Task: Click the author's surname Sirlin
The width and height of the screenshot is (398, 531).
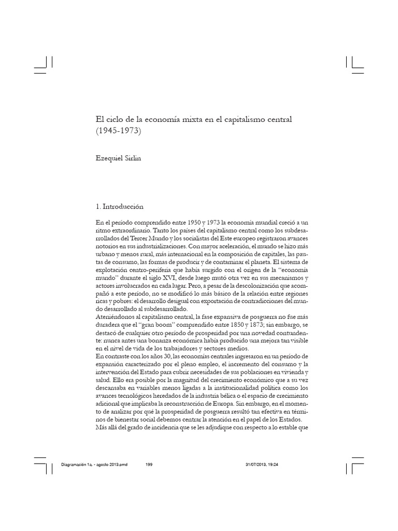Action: coord(131,159)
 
